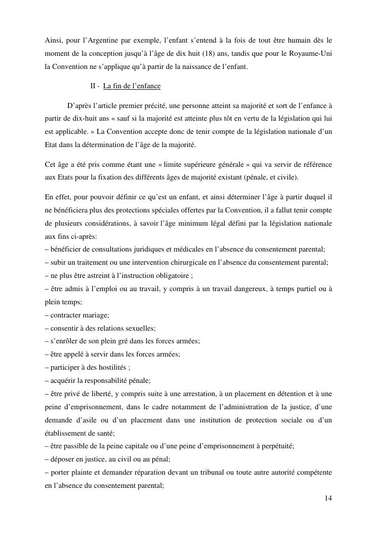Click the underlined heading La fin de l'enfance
tap(132, 86)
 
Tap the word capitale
tap(142, 446)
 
